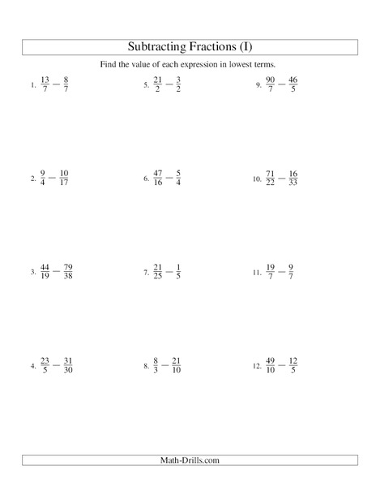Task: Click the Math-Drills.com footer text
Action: click(x=188, y=461)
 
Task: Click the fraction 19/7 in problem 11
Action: click(x=271, y=270)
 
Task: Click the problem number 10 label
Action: click(x=256, y=177)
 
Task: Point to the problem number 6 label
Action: click(x=146, y=177)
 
